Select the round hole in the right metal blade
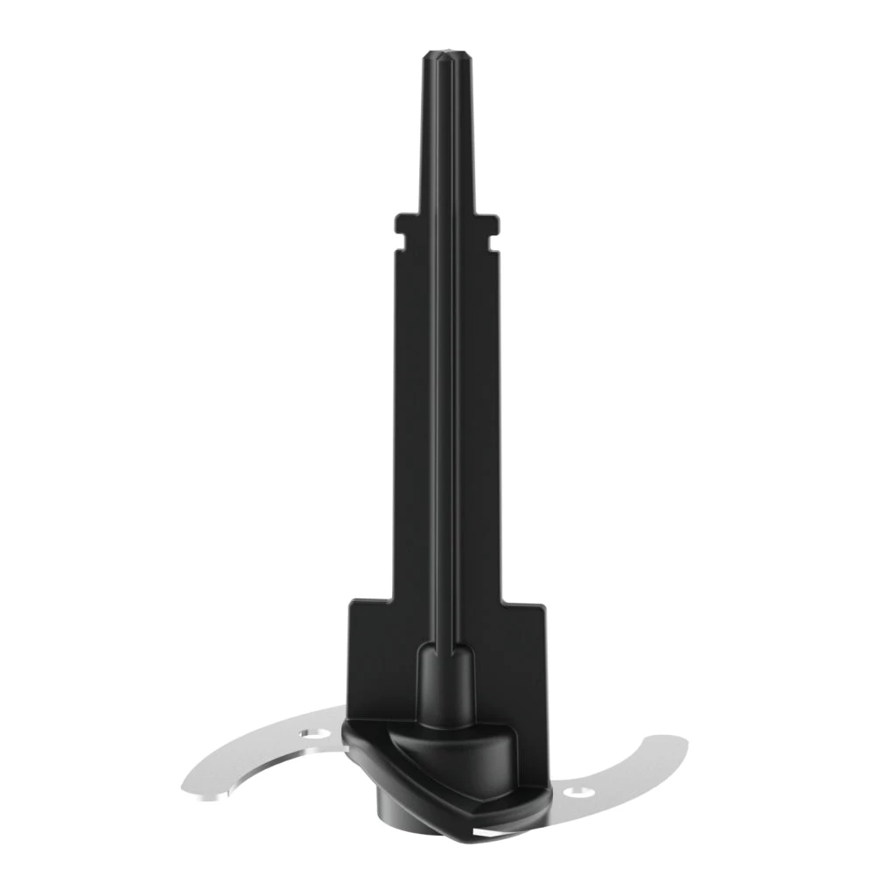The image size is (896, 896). (577, 793)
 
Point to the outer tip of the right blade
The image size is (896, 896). (684, 745)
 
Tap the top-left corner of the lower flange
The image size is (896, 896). (352, 602)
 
